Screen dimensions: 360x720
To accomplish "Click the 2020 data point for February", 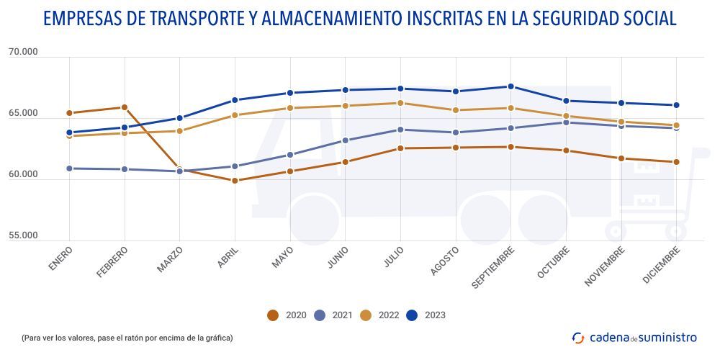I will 125,107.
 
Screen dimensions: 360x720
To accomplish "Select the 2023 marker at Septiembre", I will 510,86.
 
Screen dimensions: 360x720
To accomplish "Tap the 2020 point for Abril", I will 235,181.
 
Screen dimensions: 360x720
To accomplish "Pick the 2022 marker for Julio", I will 400,103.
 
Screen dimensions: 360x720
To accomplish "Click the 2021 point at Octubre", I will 566,122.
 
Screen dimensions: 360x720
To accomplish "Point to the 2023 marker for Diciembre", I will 676,105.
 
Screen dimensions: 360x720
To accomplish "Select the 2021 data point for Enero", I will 69,168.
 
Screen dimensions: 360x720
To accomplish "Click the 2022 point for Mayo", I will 290,108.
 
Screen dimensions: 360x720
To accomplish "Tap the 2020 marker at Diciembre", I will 676,162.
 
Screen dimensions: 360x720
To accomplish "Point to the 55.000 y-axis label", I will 24,236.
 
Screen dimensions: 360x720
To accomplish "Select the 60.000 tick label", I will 24,175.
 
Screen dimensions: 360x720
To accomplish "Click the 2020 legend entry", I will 287,315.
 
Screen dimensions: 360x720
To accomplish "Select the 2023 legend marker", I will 413,315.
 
